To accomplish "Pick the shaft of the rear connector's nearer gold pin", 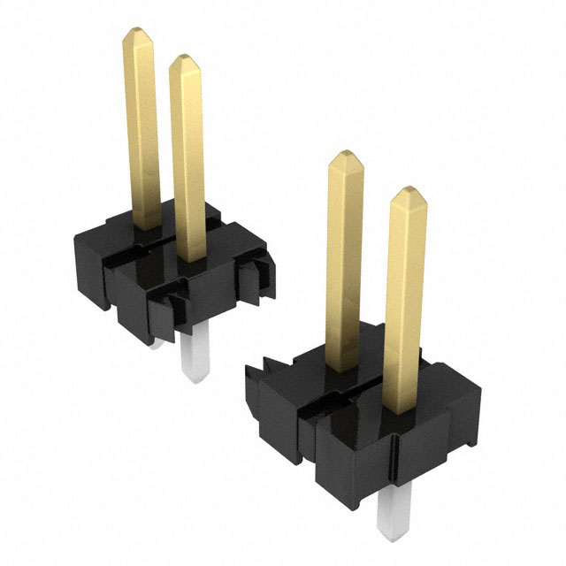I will coord(187,159).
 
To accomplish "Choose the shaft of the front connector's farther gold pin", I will coord(344,265).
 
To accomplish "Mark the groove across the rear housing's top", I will coord(150,248).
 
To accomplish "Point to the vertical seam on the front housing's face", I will coord(310,433).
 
